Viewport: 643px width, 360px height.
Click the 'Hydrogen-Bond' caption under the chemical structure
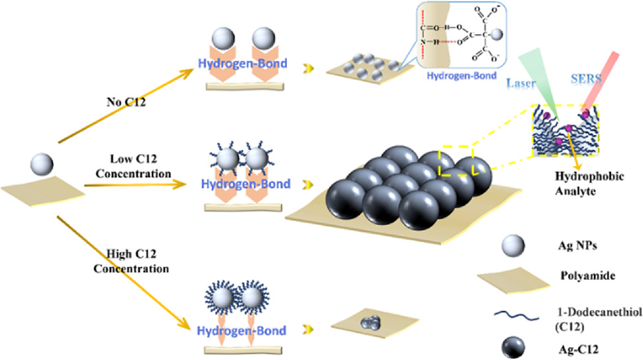point(459,75)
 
